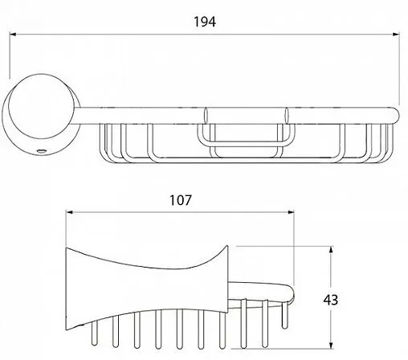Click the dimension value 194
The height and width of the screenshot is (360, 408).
tap(205, 22)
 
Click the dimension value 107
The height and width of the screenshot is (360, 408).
tap(181, 200)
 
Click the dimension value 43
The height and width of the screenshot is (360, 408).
tap(331, 300)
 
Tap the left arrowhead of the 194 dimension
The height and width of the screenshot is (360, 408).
tap(13, 35)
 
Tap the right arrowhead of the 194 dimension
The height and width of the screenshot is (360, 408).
tap(396, 35)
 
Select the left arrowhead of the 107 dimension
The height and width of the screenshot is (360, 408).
tap(69, 212)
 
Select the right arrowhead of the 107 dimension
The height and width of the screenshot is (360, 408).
tap(291, 212)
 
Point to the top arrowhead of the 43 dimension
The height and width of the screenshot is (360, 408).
tap(331, 250)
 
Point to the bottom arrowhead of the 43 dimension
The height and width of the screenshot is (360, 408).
tap(331, 346)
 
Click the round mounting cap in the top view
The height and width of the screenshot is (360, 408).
tap(41, 106)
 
